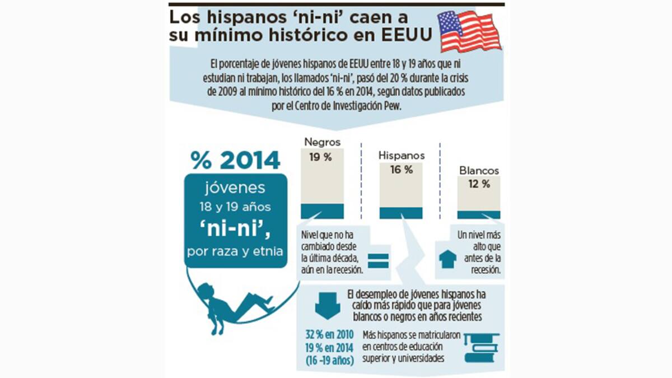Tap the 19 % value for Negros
click(320, 157)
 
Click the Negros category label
click(322, 142)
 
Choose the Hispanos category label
click(402, 155)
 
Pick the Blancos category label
click(479, 170)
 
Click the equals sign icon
click(378, 260)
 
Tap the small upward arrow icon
click(447, 259)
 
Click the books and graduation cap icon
click(481, 347)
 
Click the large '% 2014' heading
click(235, 160)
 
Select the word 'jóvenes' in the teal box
click(235, 188)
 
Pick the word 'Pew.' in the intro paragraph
click(391, 107)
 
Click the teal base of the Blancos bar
click(479, 214)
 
